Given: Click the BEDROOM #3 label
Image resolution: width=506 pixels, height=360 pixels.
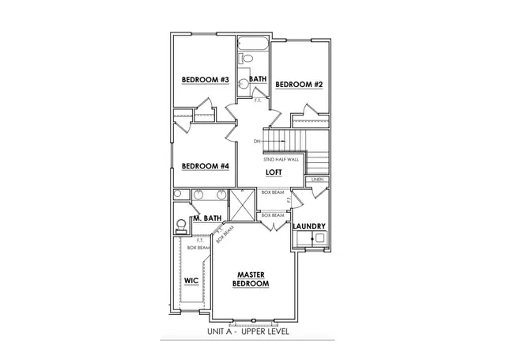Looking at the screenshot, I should click(x=205, y=80).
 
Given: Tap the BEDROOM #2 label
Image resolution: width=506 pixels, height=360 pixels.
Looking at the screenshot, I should click(x=300, y=84).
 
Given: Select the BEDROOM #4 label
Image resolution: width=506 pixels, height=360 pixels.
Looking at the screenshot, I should click(x=205, y=166).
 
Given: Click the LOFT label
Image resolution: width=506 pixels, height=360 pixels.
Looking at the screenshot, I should click(x=274, y=172).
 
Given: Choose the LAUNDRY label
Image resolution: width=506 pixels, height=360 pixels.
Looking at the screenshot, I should click(x=308, y=227).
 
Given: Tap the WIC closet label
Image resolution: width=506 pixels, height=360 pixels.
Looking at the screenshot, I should click(x=191, y=281).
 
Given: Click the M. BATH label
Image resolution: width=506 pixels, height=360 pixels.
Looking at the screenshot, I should click(x=207, y=218).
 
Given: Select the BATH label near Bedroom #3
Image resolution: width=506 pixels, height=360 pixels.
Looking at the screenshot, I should click(x=258, y=79).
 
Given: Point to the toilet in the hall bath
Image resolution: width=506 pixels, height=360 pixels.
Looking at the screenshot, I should click(x=246, y=59).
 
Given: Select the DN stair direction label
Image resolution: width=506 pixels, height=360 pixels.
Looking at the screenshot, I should click(x=256, y=142).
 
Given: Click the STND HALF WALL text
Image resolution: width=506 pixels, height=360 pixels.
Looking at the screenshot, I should click(x=281, y=160).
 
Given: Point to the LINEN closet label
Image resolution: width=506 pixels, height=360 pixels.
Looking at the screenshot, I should click(x=317, y=180).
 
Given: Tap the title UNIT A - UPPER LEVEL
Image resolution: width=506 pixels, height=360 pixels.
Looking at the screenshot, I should click(x=247, y=331).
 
